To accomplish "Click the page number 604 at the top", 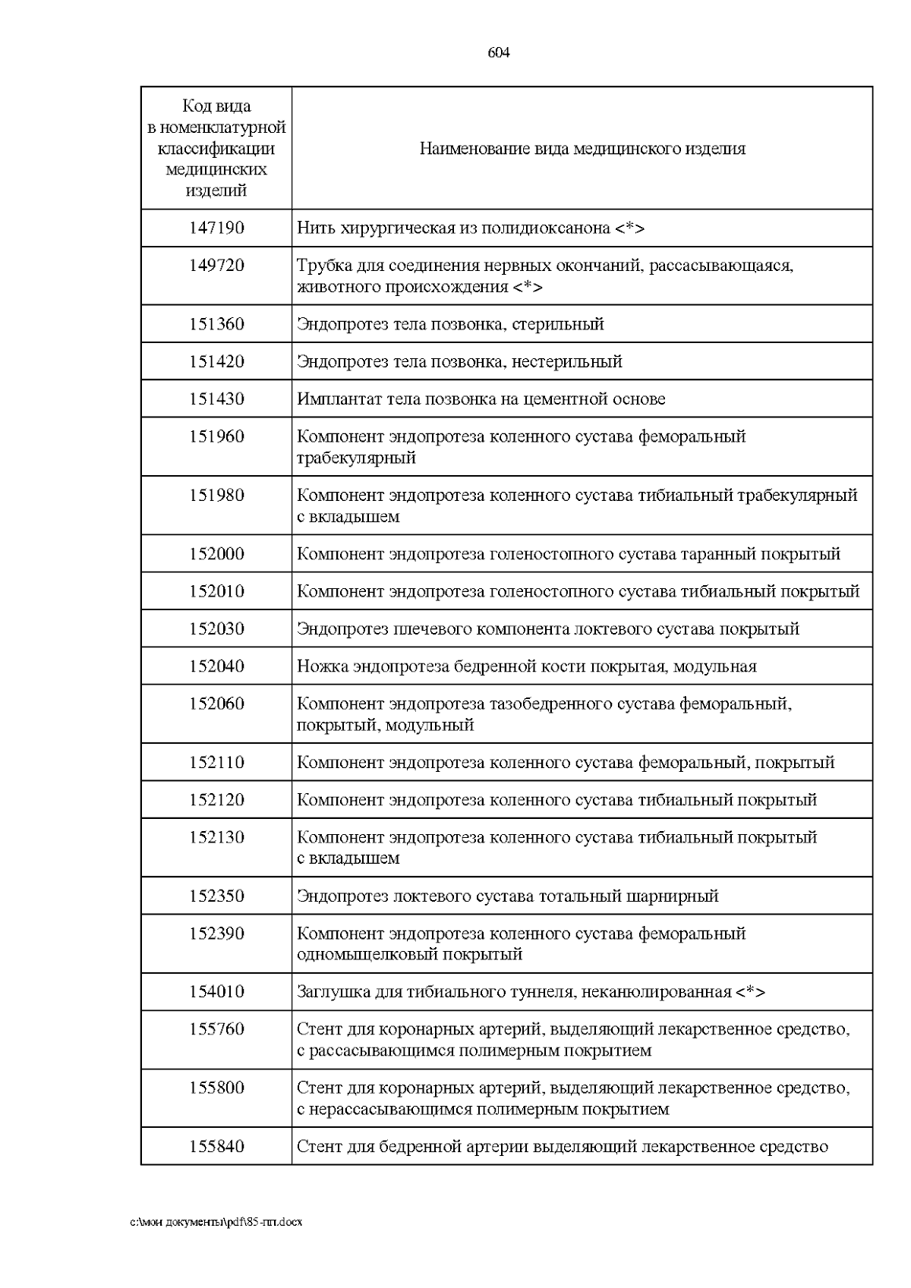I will [x=498, y=52].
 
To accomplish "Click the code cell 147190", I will [x=216, y=228].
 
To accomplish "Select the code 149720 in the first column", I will [x=216, y=266].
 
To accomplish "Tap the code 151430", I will [x=216, y=398].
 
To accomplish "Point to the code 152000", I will [x=216, y=554].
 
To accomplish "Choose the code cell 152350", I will [x=216, y=896].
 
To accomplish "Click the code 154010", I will [x=216, y=992].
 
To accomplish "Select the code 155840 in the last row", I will [x=216, y=1147].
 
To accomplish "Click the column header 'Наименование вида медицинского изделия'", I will [x=582, y=149].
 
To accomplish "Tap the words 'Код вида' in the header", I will [x=216, y=106].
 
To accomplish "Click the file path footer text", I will [x=216, y=1223].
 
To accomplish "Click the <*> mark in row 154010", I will [x=750, y=992].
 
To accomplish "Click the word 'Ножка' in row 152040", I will [x=322, y=666].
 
